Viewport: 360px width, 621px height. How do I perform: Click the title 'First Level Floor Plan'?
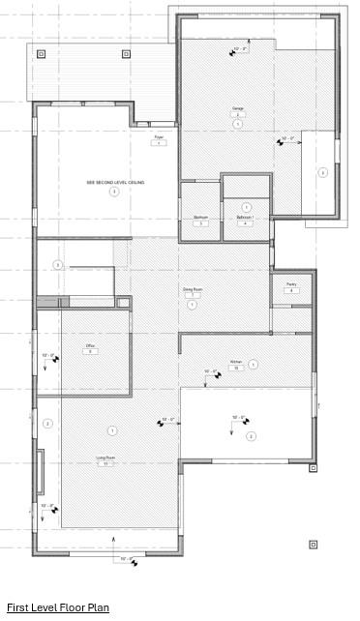(58, 607)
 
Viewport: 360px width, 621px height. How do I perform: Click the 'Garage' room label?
(237, 108)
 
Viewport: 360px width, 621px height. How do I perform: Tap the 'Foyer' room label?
(159, 138)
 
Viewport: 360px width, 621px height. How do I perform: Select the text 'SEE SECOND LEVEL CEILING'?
(115, 182)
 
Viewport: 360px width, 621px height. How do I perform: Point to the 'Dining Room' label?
(193, 289)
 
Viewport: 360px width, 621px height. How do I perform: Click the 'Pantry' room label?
(290, 284)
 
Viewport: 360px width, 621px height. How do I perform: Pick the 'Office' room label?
(90, 345)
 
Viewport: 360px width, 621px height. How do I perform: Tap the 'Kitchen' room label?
(235, 363)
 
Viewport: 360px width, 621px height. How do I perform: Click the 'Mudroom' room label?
(200, 219)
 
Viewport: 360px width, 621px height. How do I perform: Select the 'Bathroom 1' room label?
(245, 219)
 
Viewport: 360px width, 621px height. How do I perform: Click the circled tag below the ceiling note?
(114, 192)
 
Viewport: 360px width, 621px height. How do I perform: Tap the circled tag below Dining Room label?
(193, 305)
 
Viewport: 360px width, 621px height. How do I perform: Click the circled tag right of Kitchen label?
(254, 365)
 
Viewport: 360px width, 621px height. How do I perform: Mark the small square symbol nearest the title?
(313, 545)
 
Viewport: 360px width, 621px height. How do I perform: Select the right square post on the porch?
(126, 54)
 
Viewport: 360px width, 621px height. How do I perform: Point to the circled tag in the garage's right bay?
(322, 173)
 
